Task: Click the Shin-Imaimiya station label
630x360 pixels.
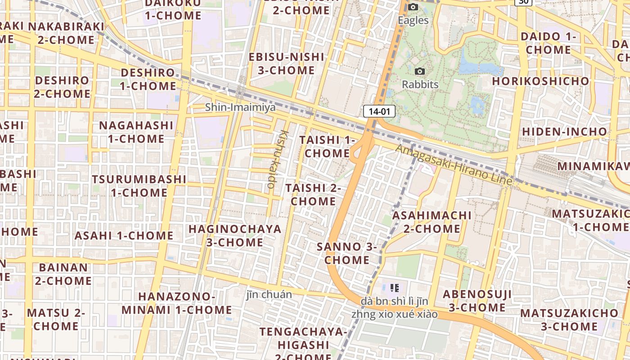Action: pyautogui.click(x=240, y=107)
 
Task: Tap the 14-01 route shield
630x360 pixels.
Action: pyautogui.click(x=379, y=111)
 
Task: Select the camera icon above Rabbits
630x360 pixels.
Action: pyautogui.click(x=420, y=71)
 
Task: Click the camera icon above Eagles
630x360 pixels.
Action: pyautogui.click(x=413, y=7)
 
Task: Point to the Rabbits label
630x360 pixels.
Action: pyautogui.click(x=420, y=84)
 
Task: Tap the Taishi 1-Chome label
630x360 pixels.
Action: pyautogui.click(x=327, y=147)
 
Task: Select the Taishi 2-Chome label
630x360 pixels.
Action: pyautogui.click(x=313, y=194)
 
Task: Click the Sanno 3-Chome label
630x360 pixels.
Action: pyautogui.click(x=347, y=253)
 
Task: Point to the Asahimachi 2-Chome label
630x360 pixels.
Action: pyautogui.click(x=432, y=222)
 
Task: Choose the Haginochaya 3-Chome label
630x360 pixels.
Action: pyautogui.click(x=235, y=235)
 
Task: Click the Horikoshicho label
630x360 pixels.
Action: pyautogui.click(x=540, y=81)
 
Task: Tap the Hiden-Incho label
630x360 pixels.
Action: pyautogui.click(x=564, y=132)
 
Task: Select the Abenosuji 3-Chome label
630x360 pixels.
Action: pyautogui.click(x=477, y=301)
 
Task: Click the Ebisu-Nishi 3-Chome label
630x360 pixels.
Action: pyautogui.click(x=287, y=63)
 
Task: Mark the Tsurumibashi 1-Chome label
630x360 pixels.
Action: pyautogui.click(x=139, y=186)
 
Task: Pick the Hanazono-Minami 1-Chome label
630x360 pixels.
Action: pyautogui.click(x=176, y=303)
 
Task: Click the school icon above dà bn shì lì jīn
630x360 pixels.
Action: pyautogui.click(x=395, y=288)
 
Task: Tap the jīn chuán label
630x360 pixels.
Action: pyautogui.click(x=269, y=295)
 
